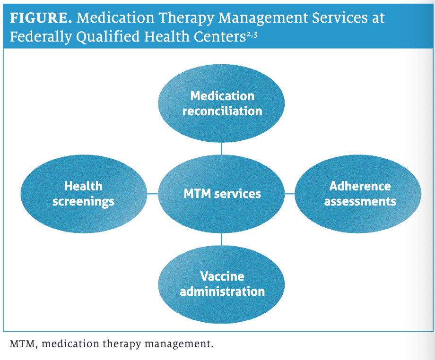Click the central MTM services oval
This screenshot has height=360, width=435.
coord(221,193)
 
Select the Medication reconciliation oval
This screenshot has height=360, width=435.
coord(221,103)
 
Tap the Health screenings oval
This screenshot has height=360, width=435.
coord(83,194)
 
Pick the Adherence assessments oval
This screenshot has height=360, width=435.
coord(358,193)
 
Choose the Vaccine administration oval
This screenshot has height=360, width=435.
coord(221,283)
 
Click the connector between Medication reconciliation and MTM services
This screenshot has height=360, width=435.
coord(221,149)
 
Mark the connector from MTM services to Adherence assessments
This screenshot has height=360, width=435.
coord(289,194)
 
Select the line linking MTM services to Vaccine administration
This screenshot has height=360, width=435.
coord(221,239)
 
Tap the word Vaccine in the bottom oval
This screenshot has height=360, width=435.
coord(222,276)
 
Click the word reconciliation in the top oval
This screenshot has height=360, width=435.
coord(222,111)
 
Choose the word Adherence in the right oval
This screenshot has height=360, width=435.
coord(360,186)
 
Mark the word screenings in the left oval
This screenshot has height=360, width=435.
coord(83,202)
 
